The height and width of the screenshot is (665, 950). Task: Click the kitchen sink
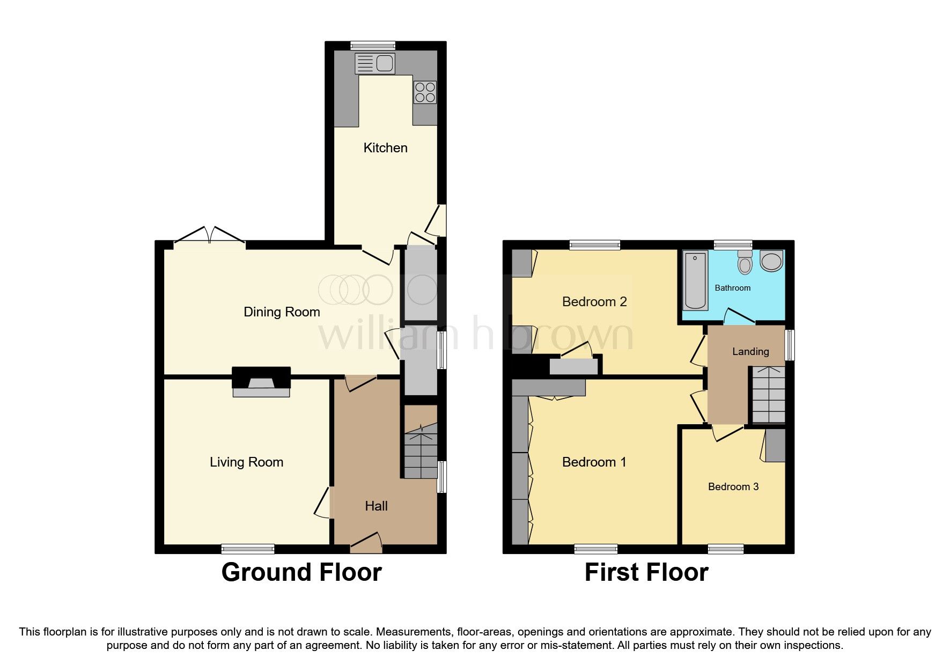pos(375,64)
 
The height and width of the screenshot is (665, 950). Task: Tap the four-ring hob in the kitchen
pos(425,92)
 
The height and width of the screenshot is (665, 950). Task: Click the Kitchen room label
pos(385,148)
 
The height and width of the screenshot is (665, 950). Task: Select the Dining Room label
pos(282,312)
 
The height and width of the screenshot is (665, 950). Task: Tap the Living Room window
pos(248,549)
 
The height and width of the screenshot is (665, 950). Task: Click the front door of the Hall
pos(366,543)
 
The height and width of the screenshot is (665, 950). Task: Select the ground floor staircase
pos(421,450)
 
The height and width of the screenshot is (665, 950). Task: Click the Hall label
pos(376,506)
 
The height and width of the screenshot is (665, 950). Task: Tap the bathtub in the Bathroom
pos(695,280)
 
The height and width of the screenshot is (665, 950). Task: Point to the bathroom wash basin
pos(771,261)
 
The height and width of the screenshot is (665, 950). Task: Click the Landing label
pos(750,352)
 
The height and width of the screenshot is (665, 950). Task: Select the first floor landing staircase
pos(769,395)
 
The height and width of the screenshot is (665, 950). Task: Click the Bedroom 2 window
pos(594,245)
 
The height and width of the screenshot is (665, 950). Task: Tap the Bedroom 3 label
pos(733,487)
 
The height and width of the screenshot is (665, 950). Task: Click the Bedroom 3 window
pos(725,549)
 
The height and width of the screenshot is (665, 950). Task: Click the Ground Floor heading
pos(301,573)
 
